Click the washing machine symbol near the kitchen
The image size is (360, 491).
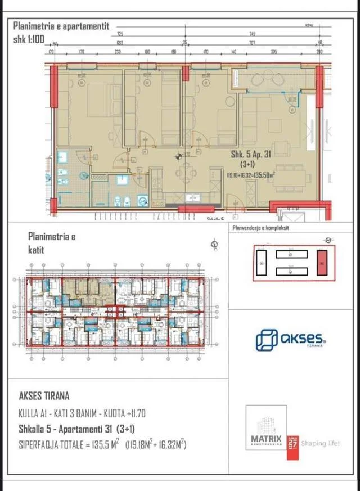(x=142, y=200)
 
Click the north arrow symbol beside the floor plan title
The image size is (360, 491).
(x=214, y=244)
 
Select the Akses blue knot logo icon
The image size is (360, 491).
(x=267, y=340)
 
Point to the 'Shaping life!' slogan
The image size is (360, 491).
(x=321, y=443)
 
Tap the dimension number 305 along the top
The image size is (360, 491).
(x=274, y=51)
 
